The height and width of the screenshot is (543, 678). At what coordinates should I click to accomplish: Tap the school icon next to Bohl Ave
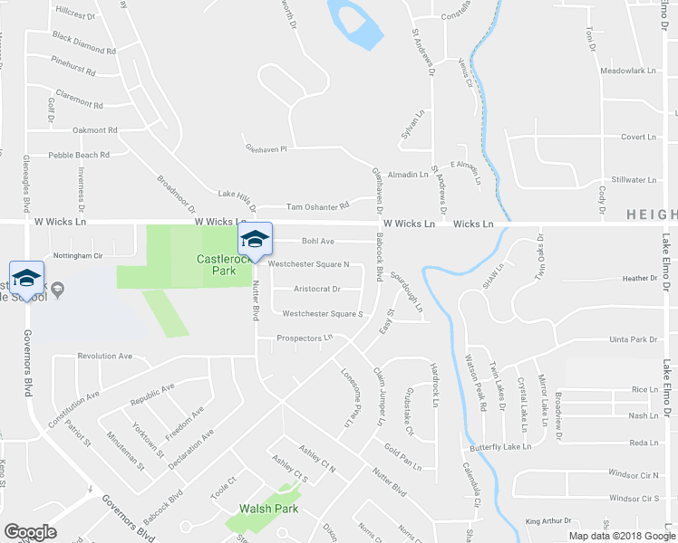[256, 240]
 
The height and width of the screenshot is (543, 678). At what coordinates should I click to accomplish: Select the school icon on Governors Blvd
[26, 277]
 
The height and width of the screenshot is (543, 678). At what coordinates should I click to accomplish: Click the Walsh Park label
[265, 509]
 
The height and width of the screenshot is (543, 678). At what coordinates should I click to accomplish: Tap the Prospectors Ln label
[305, 338]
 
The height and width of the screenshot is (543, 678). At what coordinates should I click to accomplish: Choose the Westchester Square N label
[308, 264]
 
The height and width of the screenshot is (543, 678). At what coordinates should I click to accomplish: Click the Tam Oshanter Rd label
[317, 206]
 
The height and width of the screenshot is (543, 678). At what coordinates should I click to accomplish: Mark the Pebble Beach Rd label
[79, 155]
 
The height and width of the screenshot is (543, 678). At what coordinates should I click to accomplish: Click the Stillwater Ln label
[634, 180]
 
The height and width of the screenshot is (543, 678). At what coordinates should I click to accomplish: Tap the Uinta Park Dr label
[633, 339]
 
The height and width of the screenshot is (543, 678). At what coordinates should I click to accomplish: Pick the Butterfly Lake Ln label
[499, 448]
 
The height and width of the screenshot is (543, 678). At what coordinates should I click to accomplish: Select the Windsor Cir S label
[634, 498]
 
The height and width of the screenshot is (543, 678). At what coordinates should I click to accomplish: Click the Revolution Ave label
[105, 357]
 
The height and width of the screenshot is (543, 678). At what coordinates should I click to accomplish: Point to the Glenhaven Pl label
[265, 148]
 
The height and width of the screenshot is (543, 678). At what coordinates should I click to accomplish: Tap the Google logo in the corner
[30, 531]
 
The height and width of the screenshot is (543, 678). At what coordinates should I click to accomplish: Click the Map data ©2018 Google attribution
[622, 536]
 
